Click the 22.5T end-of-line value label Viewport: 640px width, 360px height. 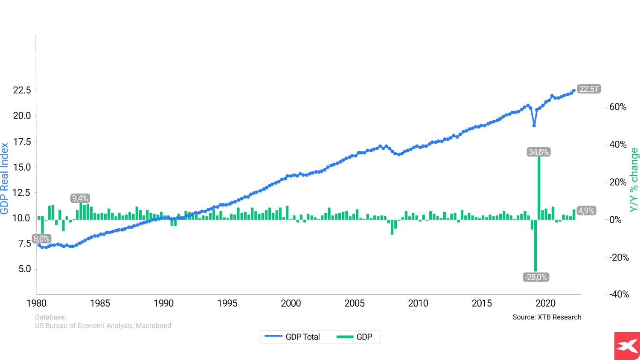(x=589, y=89)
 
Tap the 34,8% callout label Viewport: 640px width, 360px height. (x=538, y=152)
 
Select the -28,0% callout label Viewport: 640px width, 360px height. (x=536, y=277)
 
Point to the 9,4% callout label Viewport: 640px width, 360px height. (x=80, y=198)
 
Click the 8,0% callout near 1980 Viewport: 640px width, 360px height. (x=42, y=239)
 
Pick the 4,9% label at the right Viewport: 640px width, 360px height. (x=586, y=211)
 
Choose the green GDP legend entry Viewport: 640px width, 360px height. (x=355, y=337)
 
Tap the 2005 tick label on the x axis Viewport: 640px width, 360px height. (x=355, y=303)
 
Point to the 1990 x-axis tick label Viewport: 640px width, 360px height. (x=163, y=303)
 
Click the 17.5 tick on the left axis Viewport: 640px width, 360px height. (x=22, y=142)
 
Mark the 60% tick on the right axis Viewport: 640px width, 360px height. (x=617, y=107)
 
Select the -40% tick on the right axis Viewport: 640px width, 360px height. (x=617, y=294)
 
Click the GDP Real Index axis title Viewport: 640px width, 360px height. (x=5, y=178)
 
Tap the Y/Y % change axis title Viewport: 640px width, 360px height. (x=634, y=180)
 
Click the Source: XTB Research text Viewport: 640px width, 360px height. (x=547, y=317)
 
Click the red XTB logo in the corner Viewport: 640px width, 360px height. (x=627, y=346)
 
